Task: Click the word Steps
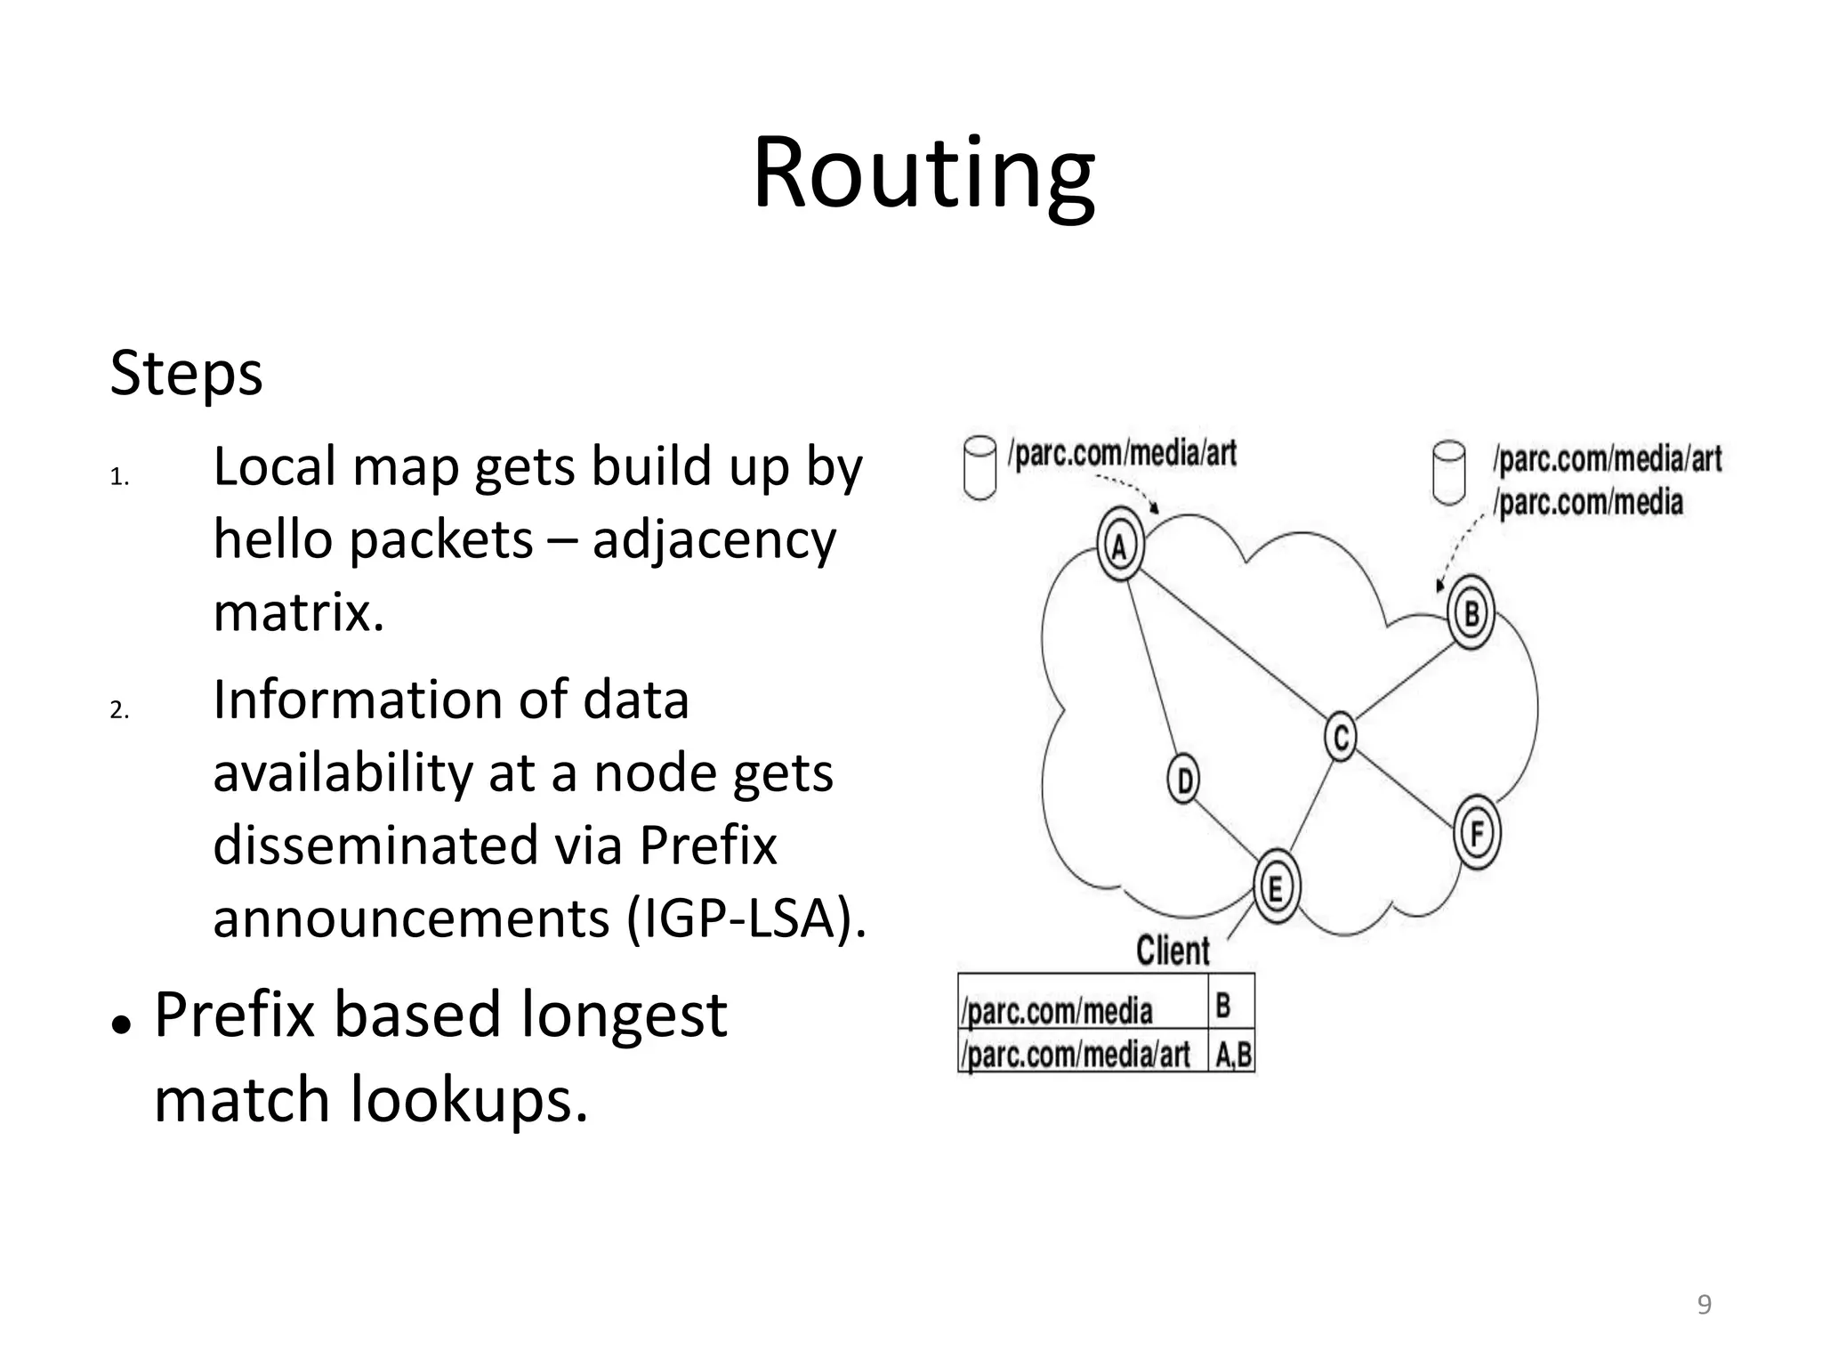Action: tap(186, 373)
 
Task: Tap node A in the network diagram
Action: tap(1120, 546)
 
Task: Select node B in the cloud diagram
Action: tap(1471, 613)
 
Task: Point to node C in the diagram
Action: tap(1341, 736)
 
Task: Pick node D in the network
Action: tap(1183, 780)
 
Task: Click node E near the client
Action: tap(1276, 887)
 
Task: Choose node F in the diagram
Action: tap(1477, 833)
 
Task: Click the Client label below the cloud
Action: tap(1173, 950)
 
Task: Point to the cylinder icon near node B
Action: tap(1449, 473)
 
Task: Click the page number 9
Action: tap(1704, 1305)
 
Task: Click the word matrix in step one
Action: tap(299, 612)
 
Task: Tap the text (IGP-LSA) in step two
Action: tap(746, 918)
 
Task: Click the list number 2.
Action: tap(119, 710)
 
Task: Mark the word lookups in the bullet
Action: tap(469, 1099)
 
